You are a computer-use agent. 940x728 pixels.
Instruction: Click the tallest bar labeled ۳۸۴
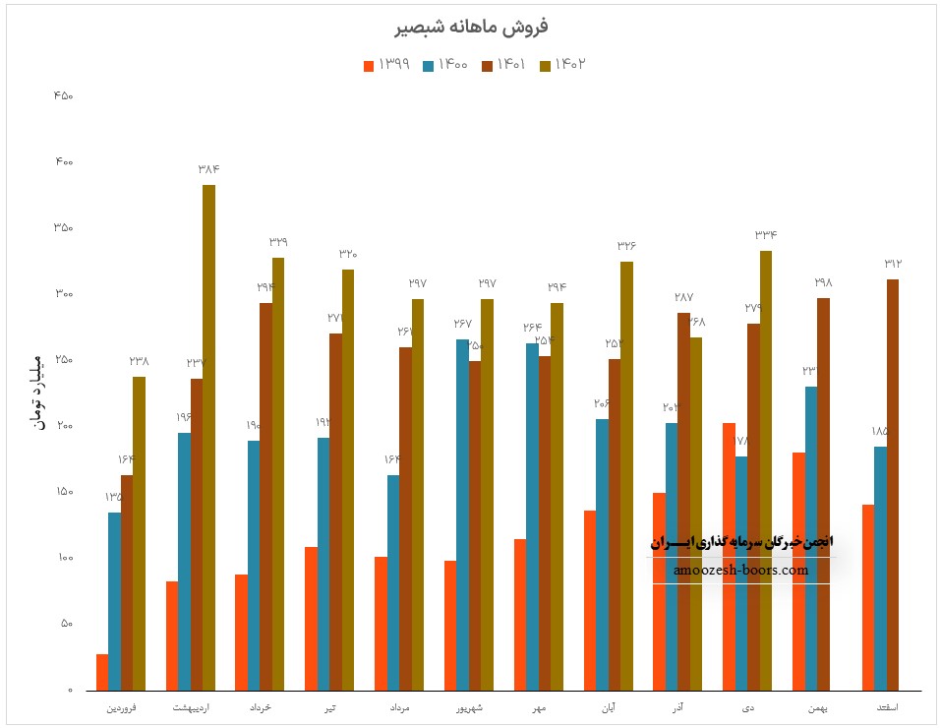click(208, 437)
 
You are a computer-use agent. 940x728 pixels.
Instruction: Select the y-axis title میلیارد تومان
click(38, 390)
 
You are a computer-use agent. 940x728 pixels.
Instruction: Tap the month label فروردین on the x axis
click(121, 708)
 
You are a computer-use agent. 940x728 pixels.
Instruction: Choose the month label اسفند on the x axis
click(887, 708)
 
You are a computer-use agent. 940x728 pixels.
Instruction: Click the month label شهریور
click(469, 708)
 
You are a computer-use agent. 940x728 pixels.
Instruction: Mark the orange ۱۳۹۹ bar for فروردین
click(102, 672)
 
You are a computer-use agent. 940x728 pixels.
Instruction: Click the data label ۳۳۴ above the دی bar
click(766, 235)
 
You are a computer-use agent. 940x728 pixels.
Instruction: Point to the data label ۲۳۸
click(139, 361)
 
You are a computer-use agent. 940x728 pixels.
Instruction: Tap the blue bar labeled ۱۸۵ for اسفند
click(880, 568)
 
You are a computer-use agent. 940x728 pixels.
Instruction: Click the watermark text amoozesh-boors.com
click(741, 570)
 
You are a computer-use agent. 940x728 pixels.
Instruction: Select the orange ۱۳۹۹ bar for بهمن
click(798, 571)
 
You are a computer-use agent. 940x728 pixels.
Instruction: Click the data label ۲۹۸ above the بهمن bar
click(823, 282)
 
